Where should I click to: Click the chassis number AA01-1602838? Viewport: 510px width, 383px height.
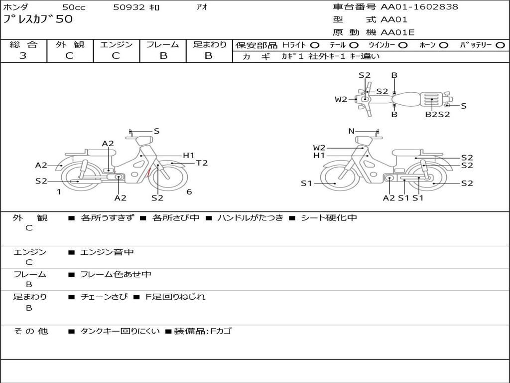click(419, 7)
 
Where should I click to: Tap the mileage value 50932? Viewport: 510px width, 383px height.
click(129, 7)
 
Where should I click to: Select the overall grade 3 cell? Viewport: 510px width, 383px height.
click(23, 55)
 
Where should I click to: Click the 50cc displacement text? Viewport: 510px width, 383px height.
click(74, 7)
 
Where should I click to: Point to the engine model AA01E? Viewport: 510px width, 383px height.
click(397, 32)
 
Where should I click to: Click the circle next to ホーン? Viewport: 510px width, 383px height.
click(443, 45)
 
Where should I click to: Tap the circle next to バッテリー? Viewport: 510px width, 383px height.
click(501, 45)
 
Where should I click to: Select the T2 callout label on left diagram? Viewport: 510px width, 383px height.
click(202, 163)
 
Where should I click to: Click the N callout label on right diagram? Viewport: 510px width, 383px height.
click(351, 131)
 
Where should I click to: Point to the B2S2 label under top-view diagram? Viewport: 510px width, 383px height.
click(438, 114)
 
